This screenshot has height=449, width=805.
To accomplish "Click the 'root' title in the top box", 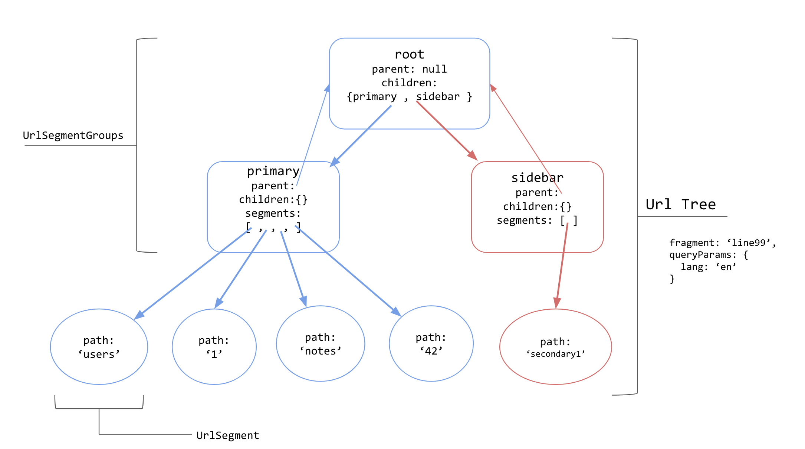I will (409, 54).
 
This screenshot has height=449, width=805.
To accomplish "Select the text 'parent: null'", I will (409, 69).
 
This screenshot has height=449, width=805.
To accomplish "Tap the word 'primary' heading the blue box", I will (273, 171).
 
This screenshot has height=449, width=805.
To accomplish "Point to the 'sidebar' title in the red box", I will (537, 178).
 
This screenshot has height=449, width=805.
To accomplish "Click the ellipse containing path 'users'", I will (99, 347).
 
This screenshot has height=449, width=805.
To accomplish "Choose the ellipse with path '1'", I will (214, 347).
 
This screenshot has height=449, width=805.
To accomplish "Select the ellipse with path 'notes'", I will (321, 344).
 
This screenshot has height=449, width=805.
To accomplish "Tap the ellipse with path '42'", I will (431, 344).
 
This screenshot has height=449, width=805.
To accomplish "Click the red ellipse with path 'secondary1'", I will (555, 347).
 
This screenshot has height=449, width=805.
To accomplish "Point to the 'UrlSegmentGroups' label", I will (73, 136).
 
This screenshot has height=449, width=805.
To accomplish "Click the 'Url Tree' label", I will (681, 204).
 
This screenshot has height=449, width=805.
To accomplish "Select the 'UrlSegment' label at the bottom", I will (228, 435).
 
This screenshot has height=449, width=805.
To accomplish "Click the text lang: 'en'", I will (708, 267).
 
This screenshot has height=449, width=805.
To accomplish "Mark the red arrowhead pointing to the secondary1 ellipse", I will (557, 303).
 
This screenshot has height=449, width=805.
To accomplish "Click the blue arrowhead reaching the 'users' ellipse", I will (139, 315).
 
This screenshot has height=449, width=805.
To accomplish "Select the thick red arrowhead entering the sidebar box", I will (472, 156).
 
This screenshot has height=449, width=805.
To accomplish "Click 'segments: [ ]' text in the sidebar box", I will (537, 220).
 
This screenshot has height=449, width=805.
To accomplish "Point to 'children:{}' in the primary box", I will (273, 200).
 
